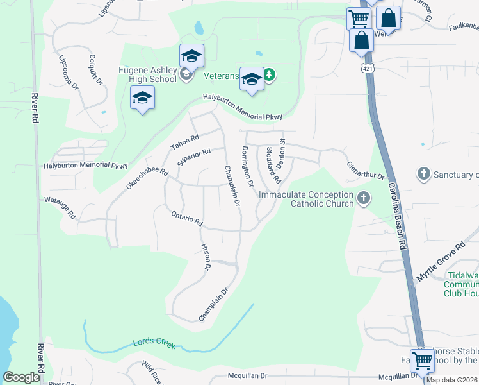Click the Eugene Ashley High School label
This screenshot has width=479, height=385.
(x=147, y=74)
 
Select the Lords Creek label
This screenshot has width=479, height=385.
(x=154, y=341)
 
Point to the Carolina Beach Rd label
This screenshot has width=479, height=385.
(x=397, y=215)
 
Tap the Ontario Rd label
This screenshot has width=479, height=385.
(x=186, y=218)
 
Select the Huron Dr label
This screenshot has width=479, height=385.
(x=206, y=257)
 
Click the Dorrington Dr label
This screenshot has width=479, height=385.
(x=247, y=166)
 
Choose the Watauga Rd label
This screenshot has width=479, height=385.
(x=60, y=208)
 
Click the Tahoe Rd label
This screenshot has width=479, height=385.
(x=185, y=142)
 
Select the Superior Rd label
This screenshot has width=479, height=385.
(x=194, y=157)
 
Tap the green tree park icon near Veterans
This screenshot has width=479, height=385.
(x=270, y=75)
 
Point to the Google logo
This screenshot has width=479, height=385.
(x=22, y=377)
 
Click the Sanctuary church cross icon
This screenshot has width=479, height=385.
(x=423, y=174)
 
